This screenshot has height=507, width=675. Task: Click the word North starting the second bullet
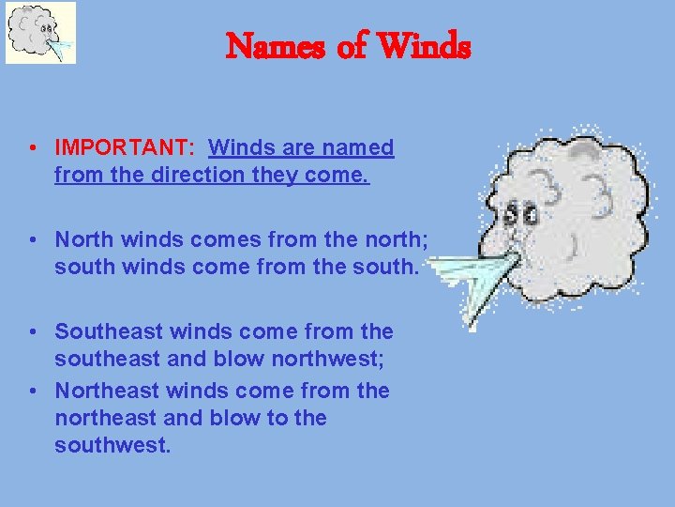[83, 240]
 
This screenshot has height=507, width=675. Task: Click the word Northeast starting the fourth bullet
[109, 390]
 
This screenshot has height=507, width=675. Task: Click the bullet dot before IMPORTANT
[33, 148]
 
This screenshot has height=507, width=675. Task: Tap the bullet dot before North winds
[33, 240]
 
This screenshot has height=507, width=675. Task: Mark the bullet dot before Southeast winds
[33, 331]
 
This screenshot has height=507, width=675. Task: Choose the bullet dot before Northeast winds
[33, 390]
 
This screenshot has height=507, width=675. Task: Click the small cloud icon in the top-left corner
[40, 33]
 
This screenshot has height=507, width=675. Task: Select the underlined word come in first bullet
[343, 175]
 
